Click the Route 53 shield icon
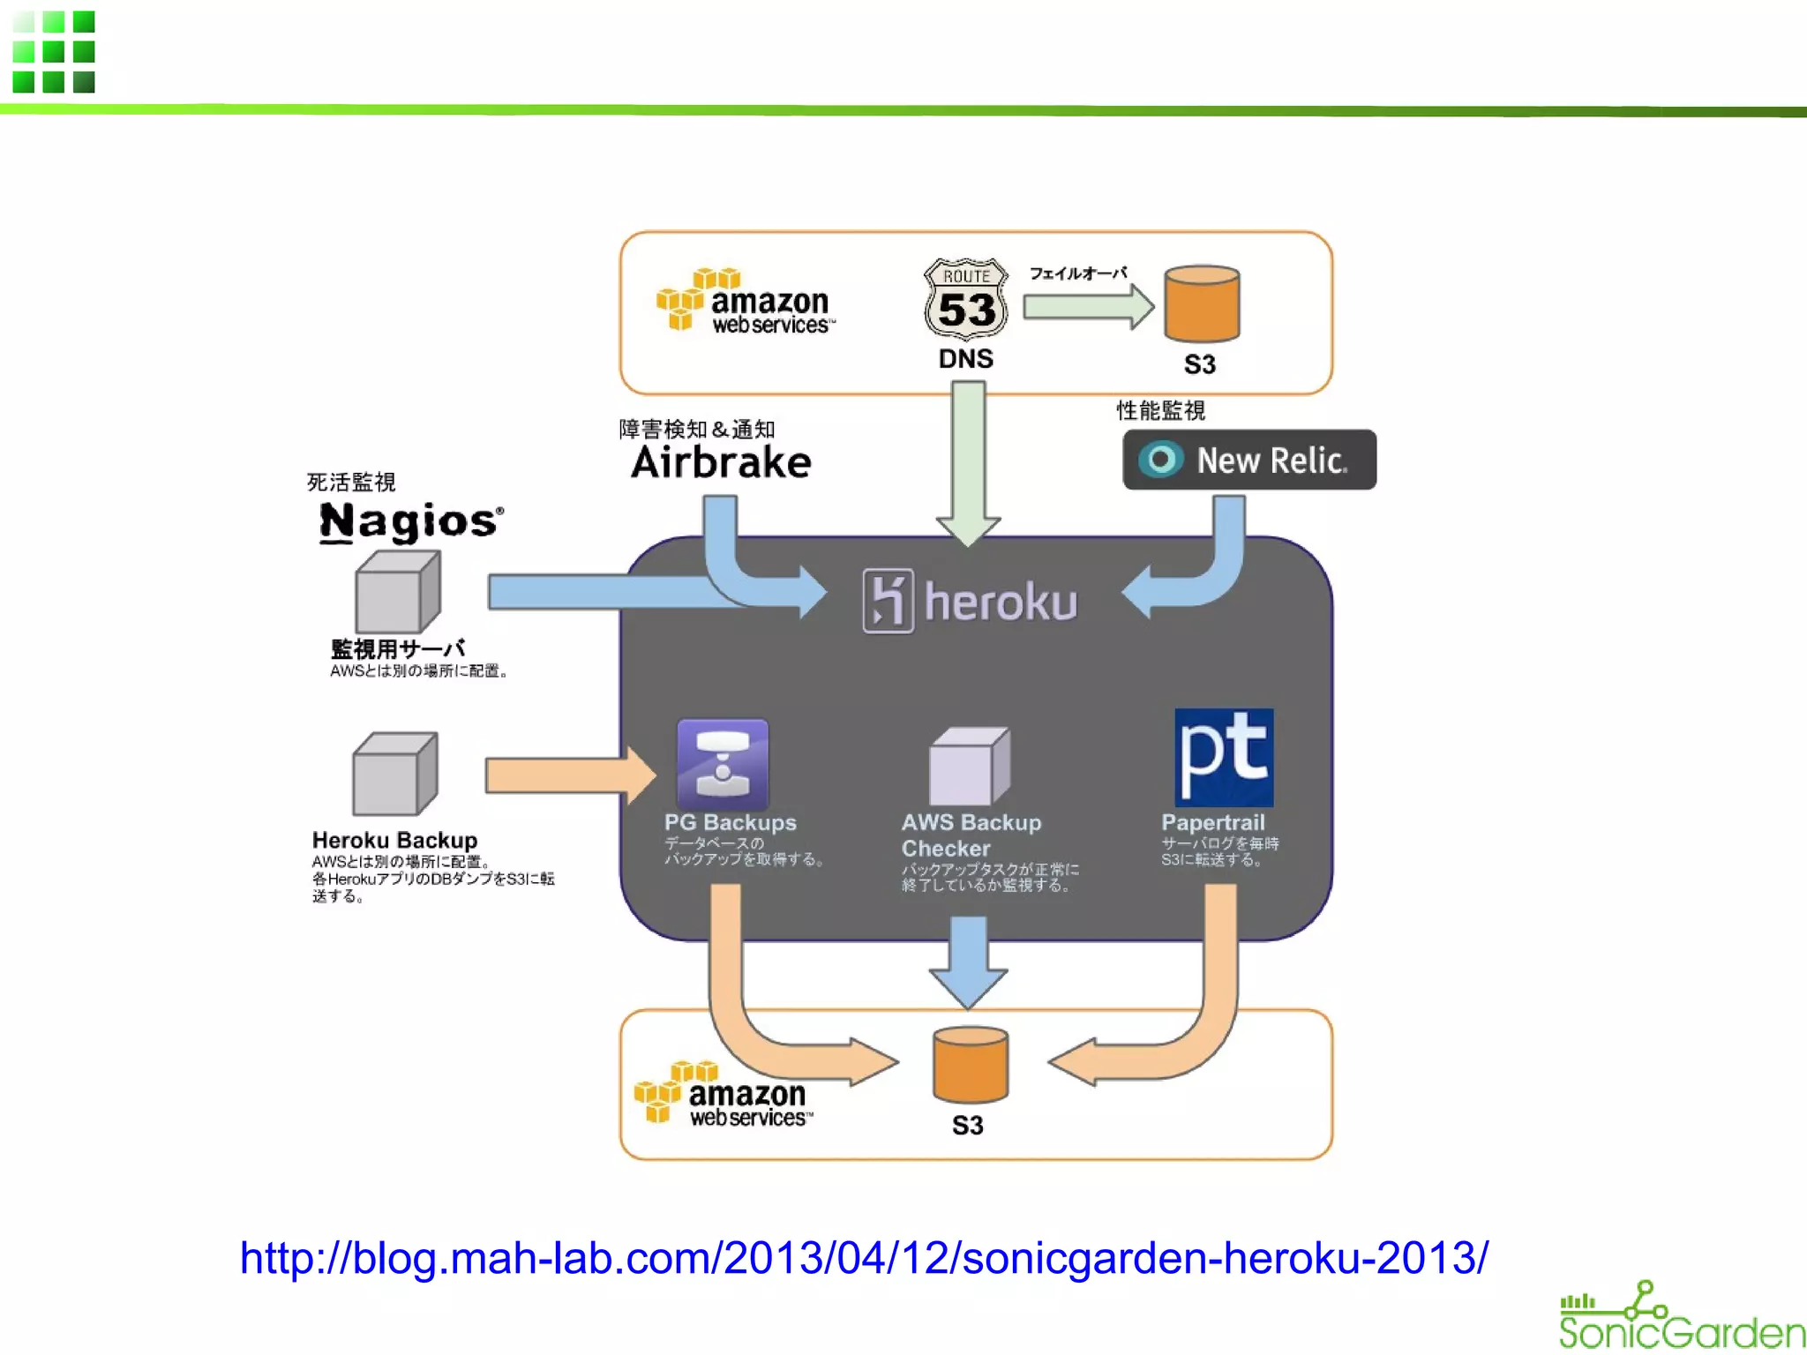tap(966, 300)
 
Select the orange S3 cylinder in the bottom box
tap(970, 1065)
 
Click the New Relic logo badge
tap(1248, 460)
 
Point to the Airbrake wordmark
tap(721, 463)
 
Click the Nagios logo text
tap(411, 521)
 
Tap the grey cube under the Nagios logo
tap(397, 591)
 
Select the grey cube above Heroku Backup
tap(394, 774)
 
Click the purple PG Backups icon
tap(723, 764)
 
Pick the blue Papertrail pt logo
tap(1224, 757)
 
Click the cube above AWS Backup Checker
tap(969, 766)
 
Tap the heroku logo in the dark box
tap(970, 602)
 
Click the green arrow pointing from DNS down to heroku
tap(968, 459)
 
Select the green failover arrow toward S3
tap(1087, 307)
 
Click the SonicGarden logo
tap(1680, 1318)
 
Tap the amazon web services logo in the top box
tap(746, 302)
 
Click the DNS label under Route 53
tap(965, 359)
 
